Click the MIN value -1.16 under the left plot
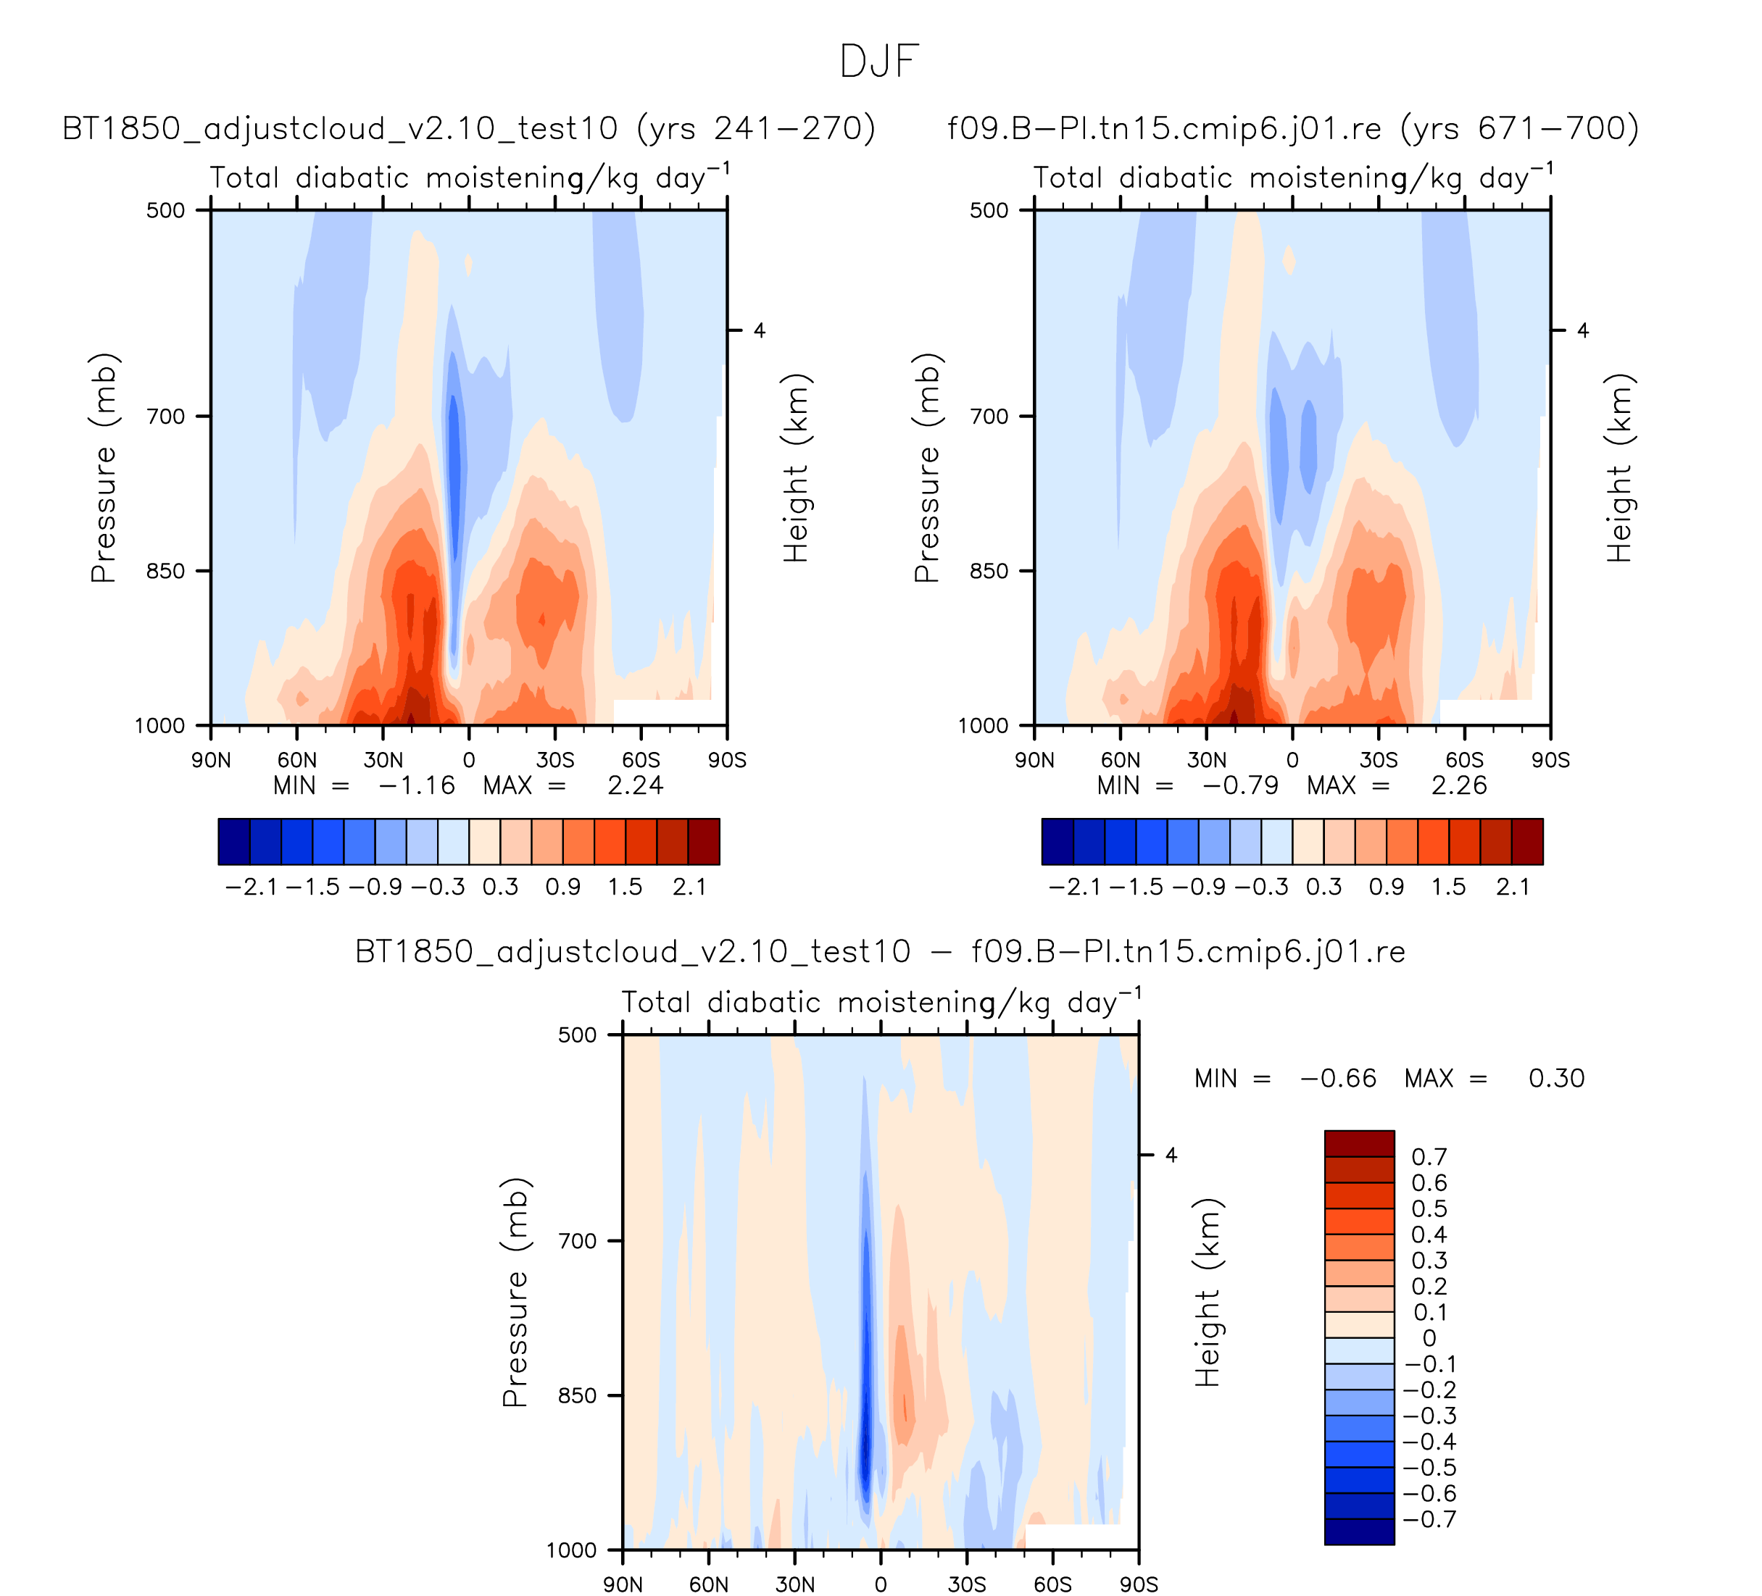point(417,785)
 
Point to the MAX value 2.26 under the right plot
point(1459,785)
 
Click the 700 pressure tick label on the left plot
point(166,416)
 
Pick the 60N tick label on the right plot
point(1121,760)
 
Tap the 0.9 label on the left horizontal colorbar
point(563,887)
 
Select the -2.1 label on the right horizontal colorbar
point(1075,887)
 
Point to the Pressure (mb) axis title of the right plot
point(926,467)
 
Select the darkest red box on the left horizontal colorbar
point(704,841)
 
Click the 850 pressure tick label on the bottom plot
point(577,1395)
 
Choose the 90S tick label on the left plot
point(727,760)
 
